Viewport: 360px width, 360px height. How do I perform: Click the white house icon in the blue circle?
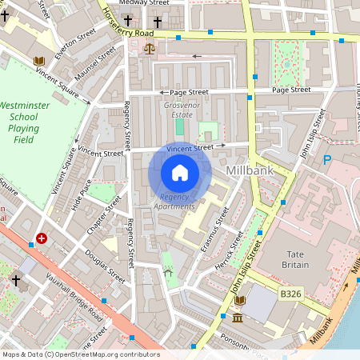tap(180, 172)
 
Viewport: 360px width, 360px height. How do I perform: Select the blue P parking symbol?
tap(327, 160)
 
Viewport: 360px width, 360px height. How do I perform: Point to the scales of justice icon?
tap(149, 49)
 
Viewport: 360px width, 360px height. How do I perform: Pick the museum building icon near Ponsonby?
tap(238, 319)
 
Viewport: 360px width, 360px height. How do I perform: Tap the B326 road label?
tap(291, 295)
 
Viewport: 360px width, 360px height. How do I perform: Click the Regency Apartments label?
tap(175, 202)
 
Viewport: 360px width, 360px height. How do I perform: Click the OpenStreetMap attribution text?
tap(80, 354)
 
